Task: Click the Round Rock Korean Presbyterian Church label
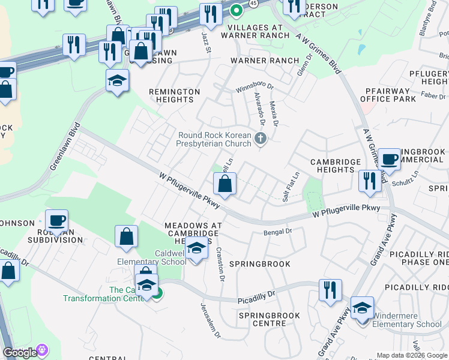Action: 214,139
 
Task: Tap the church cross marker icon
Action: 260,139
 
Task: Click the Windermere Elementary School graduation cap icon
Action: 362,307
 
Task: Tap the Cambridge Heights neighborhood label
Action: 336,166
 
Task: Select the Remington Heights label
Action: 174,95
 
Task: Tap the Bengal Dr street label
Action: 277,231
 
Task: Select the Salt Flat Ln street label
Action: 290,187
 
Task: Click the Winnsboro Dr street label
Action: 254,88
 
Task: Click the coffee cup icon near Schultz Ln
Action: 389,158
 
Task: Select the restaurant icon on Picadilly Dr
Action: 330,290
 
